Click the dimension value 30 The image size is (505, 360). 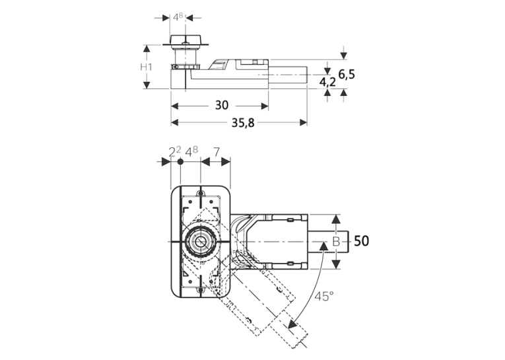[x=222, y=105]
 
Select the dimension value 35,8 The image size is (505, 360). [x=243, y=122]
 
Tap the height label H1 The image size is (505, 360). [x=146, y=67]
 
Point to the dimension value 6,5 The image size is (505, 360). [x=347, y=74]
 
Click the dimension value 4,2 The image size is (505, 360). [x=327, y=82]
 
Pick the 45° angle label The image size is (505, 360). [x=324, y=296]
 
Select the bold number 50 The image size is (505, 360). [x=361, y=240]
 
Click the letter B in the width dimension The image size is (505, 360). [x=336, y=241]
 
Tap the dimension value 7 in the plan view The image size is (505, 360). [x=217, y=152]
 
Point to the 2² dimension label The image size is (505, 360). [x=175, y=151]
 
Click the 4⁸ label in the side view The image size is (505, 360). [x=178, y=17]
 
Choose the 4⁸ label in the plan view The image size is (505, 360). [x=191, y=151]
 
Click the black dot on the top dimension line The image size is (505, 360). [x=180, y=161]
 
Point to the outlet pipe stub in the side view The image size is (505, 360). [x=288, y=75]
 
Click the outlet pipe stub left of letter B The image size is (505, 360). [x=329, y=241]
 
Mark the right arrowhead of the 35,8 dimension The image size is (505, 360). [x=303, y=122]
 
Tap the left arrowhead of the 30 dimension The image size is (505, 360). [x=175, y=106]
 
